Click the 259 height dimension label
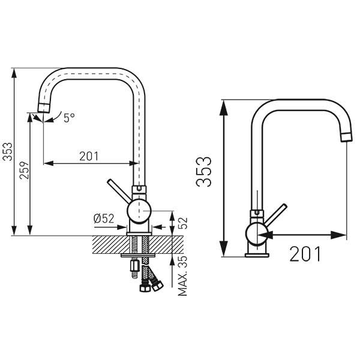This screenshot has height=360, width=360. (x=25, y=170)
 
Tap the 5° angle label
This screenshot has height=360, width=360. (x=69, y=118)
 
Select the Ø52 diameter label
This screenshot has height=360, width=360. (x=104, y=218)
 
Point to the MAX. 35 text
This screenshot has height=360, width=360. (x=183, y=276)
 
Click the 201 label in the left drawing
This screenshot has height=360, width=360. (x=89, y=157)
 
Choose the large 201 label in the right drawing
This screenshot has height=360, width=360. (x=305, y=254)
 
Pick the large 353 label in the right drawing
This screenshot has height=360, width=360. (x=203, y=172)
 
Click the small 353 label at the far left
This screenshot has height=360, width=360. (x=7, y=152)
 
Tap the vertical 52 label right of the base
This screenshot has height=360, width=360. (x=183, y=223)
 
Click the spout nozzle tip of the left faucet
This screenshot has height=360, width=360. (x=43, y=107)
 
